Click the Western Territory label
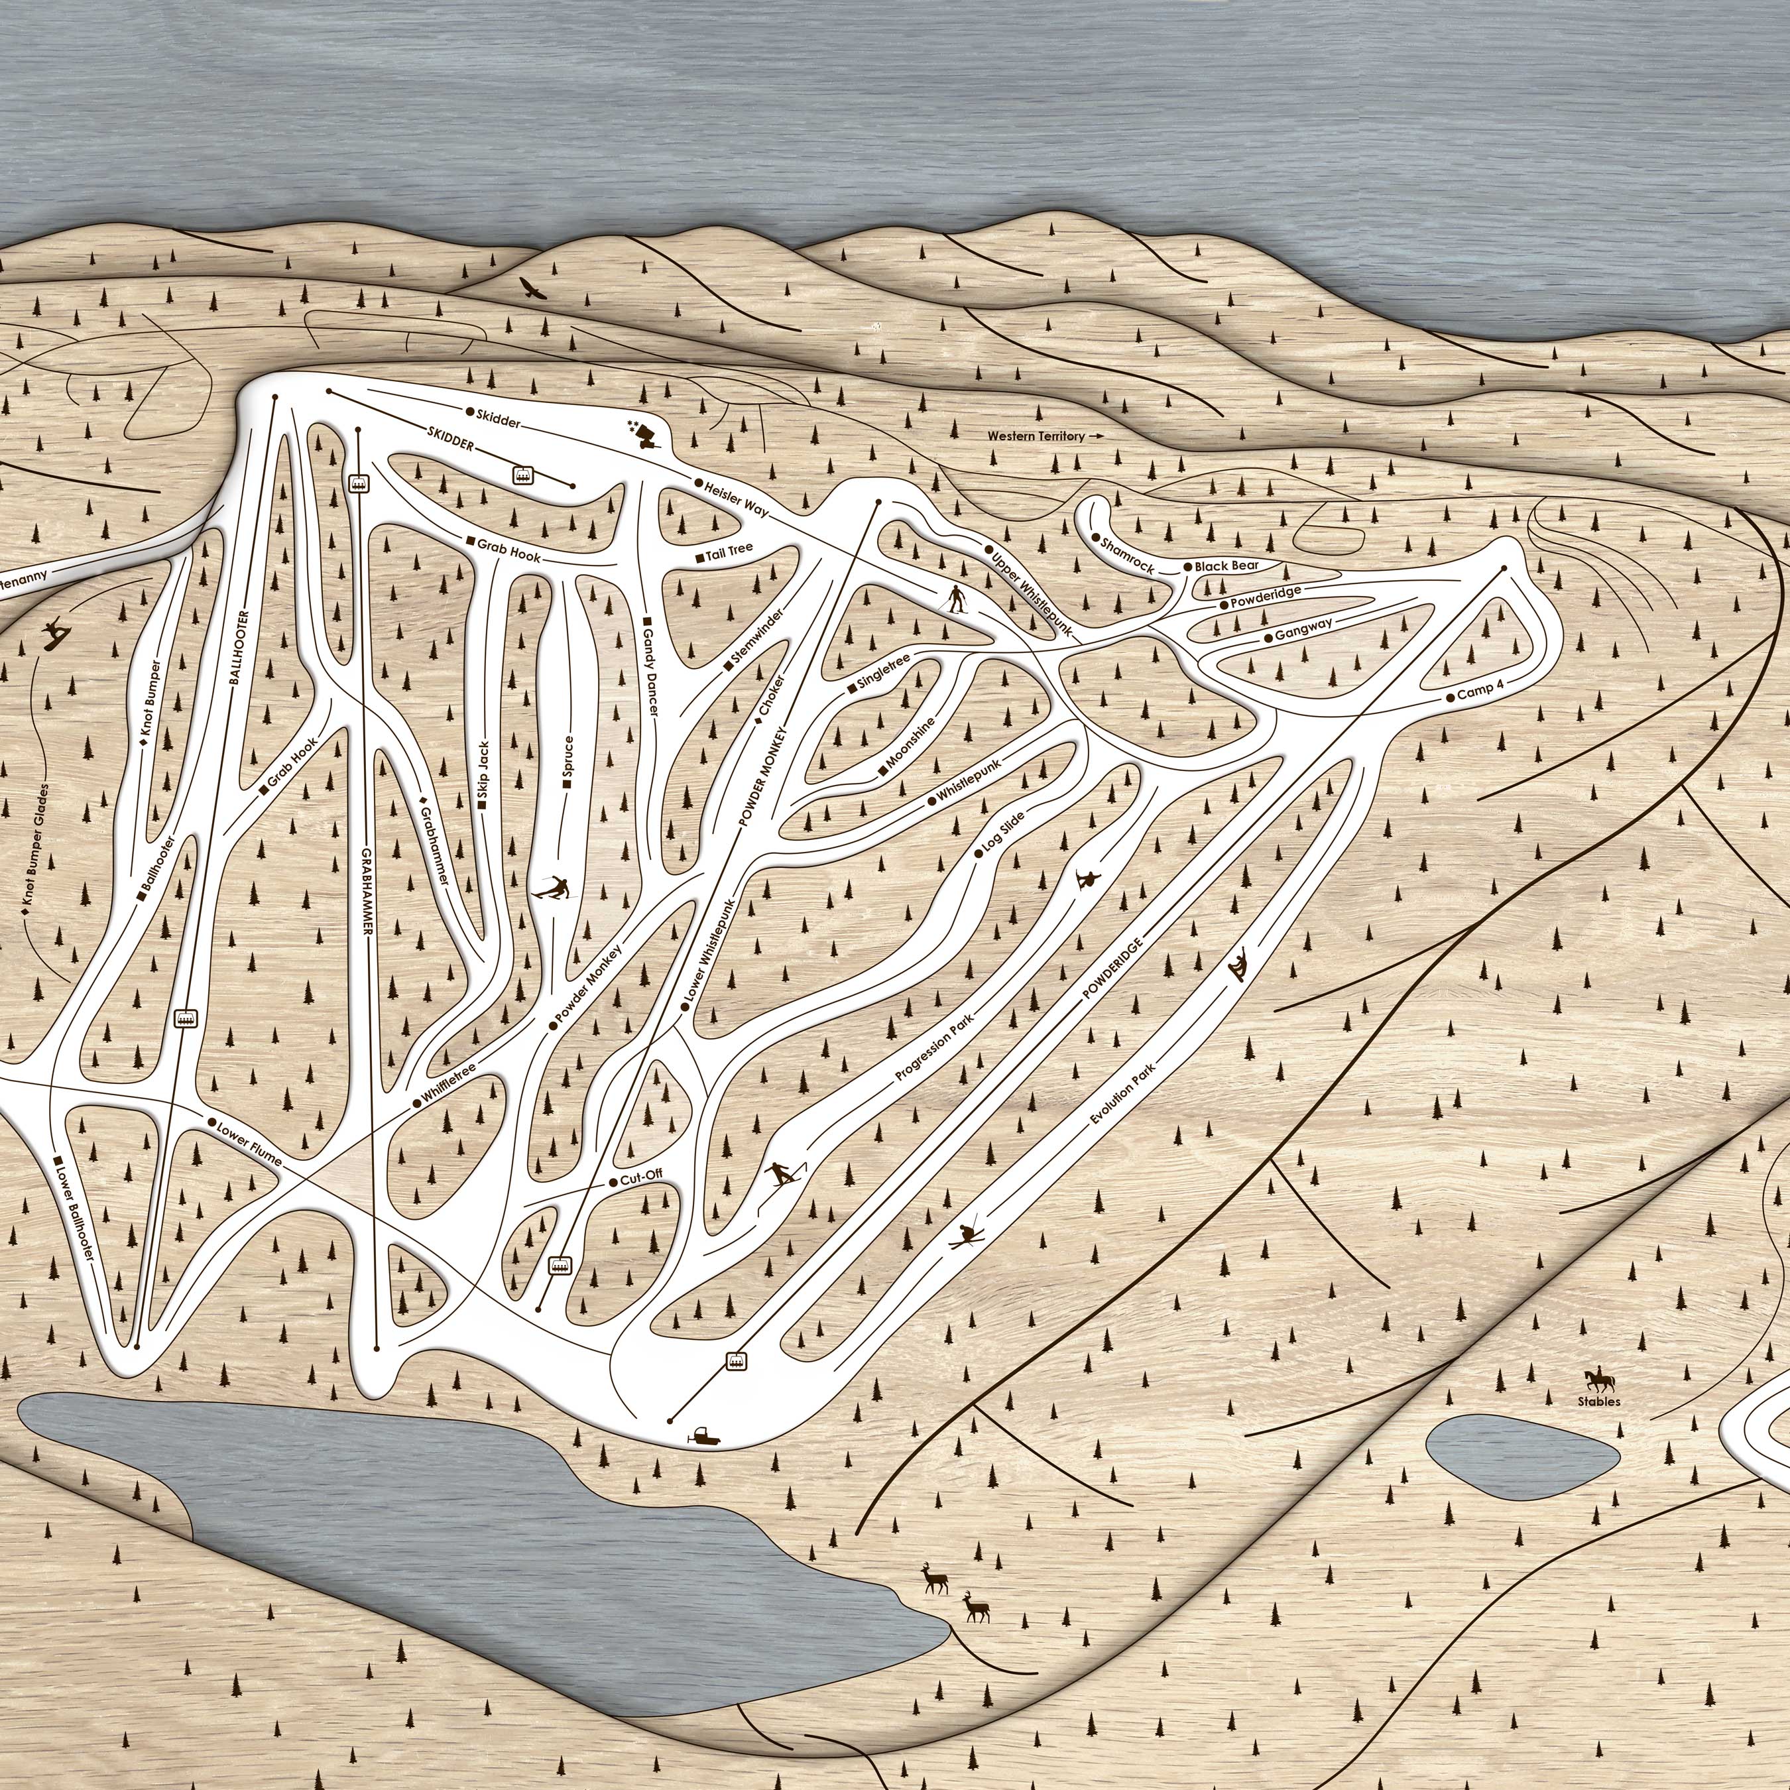point(1035,436)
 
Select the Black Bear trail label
point(1225,566)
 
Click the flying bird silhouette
point(532,288)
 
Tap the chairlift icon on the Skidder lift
point(524,475)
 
